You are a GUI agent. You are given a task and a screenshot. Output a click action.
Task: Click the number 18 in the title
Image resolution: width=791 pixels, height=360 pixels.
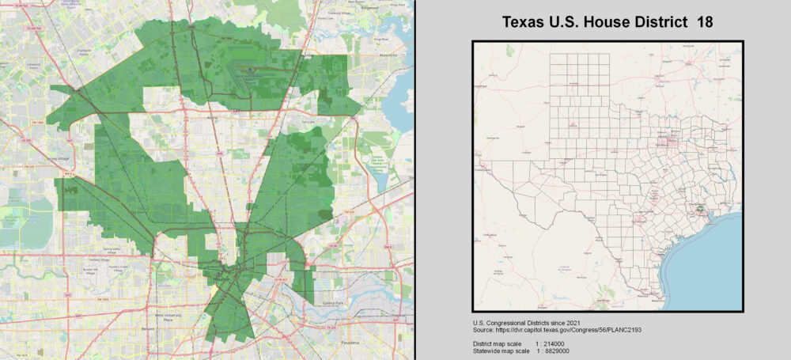(704, 22)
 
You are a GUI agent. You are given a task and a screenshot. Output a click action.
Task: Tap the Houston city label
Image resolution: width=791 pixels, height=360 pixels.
(223, 282)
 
